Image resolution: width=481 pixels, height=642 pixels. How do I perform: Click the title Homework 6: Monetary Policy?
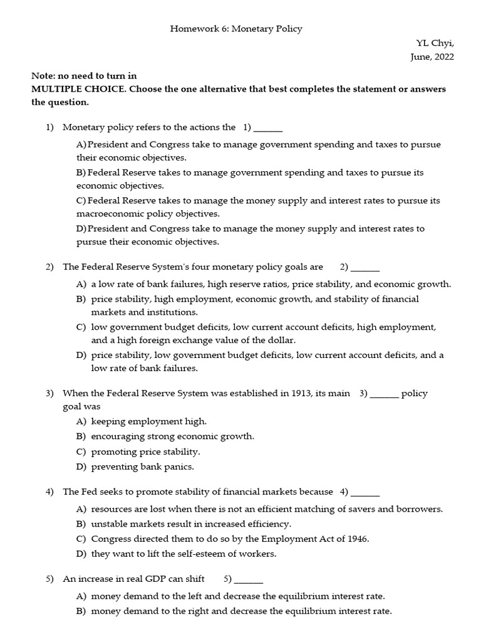tap(236, 29)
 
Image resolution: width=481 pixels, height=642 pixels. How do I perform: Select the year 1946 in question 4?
tap(356, 539)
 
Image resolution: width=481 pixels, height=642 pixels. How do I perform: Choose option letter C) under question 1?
tap(81, 201)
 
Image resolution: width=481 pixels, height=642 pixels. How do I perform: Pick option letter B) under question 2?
tap(81, 299)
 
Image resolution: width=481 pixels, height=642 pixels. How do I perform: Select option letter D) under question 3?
tap(81, 466)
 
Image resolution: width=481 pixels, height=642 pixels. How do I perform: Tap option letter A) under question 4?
tap(81, 508)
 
